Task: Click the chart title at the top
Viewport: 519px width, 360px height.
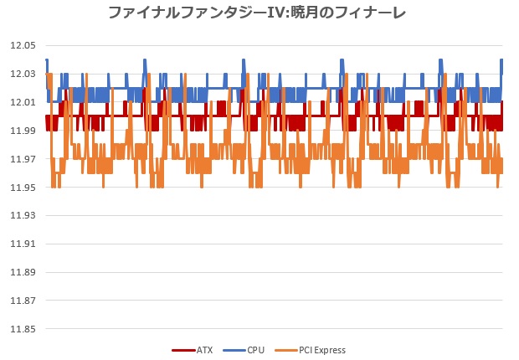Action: (x=257, y=13)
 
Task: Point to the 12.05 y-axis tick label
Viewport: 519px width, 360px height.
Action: (x=23, y=45)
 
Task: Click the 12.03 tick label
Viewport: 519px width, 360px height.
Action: (x=23, y=74)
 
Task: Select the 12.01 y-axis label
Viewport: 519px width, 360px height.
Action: (x=23, y=102)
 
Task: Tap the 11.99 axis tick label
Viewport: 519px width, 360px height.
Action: (x=23, y=131)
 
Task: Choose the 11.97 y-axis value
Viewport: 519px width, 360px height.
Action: (x=23, y=159)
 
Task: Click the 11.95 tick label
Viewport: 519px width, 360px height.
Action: (x=23, y=188)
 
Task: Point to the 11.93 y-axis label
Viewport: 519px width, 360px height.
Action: (x=23, y=216)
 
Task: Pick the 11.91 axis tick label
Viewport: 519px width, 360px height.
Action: (x=23, y=244)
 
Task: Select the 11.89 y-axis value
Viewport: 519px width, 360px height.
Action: (x=23, y=272)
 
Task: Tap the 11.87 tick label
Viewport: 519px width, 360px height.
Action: (x=23, y=301)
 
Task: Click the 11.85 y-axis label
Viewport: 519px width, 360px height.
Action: (x=23, y=329)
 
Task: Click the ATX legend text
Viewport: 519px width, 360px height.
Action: (x=204, y=350)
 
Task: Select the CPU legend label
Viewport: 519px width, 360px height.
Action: (x=256, y=350)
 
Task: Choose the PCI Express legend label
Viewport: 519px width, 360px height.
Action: (x=322, y=351)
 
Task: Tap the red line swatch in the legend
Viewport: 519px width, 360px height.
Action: (x=183, y=351)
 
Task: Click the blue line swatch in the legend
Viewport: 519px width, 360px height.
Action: (x=234, y=351)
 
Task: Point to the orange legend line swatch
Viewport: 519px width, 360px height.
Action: (x=286, y=351)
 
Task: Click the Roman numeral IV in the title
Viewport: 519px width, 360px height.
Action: (x=275, y=13)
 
